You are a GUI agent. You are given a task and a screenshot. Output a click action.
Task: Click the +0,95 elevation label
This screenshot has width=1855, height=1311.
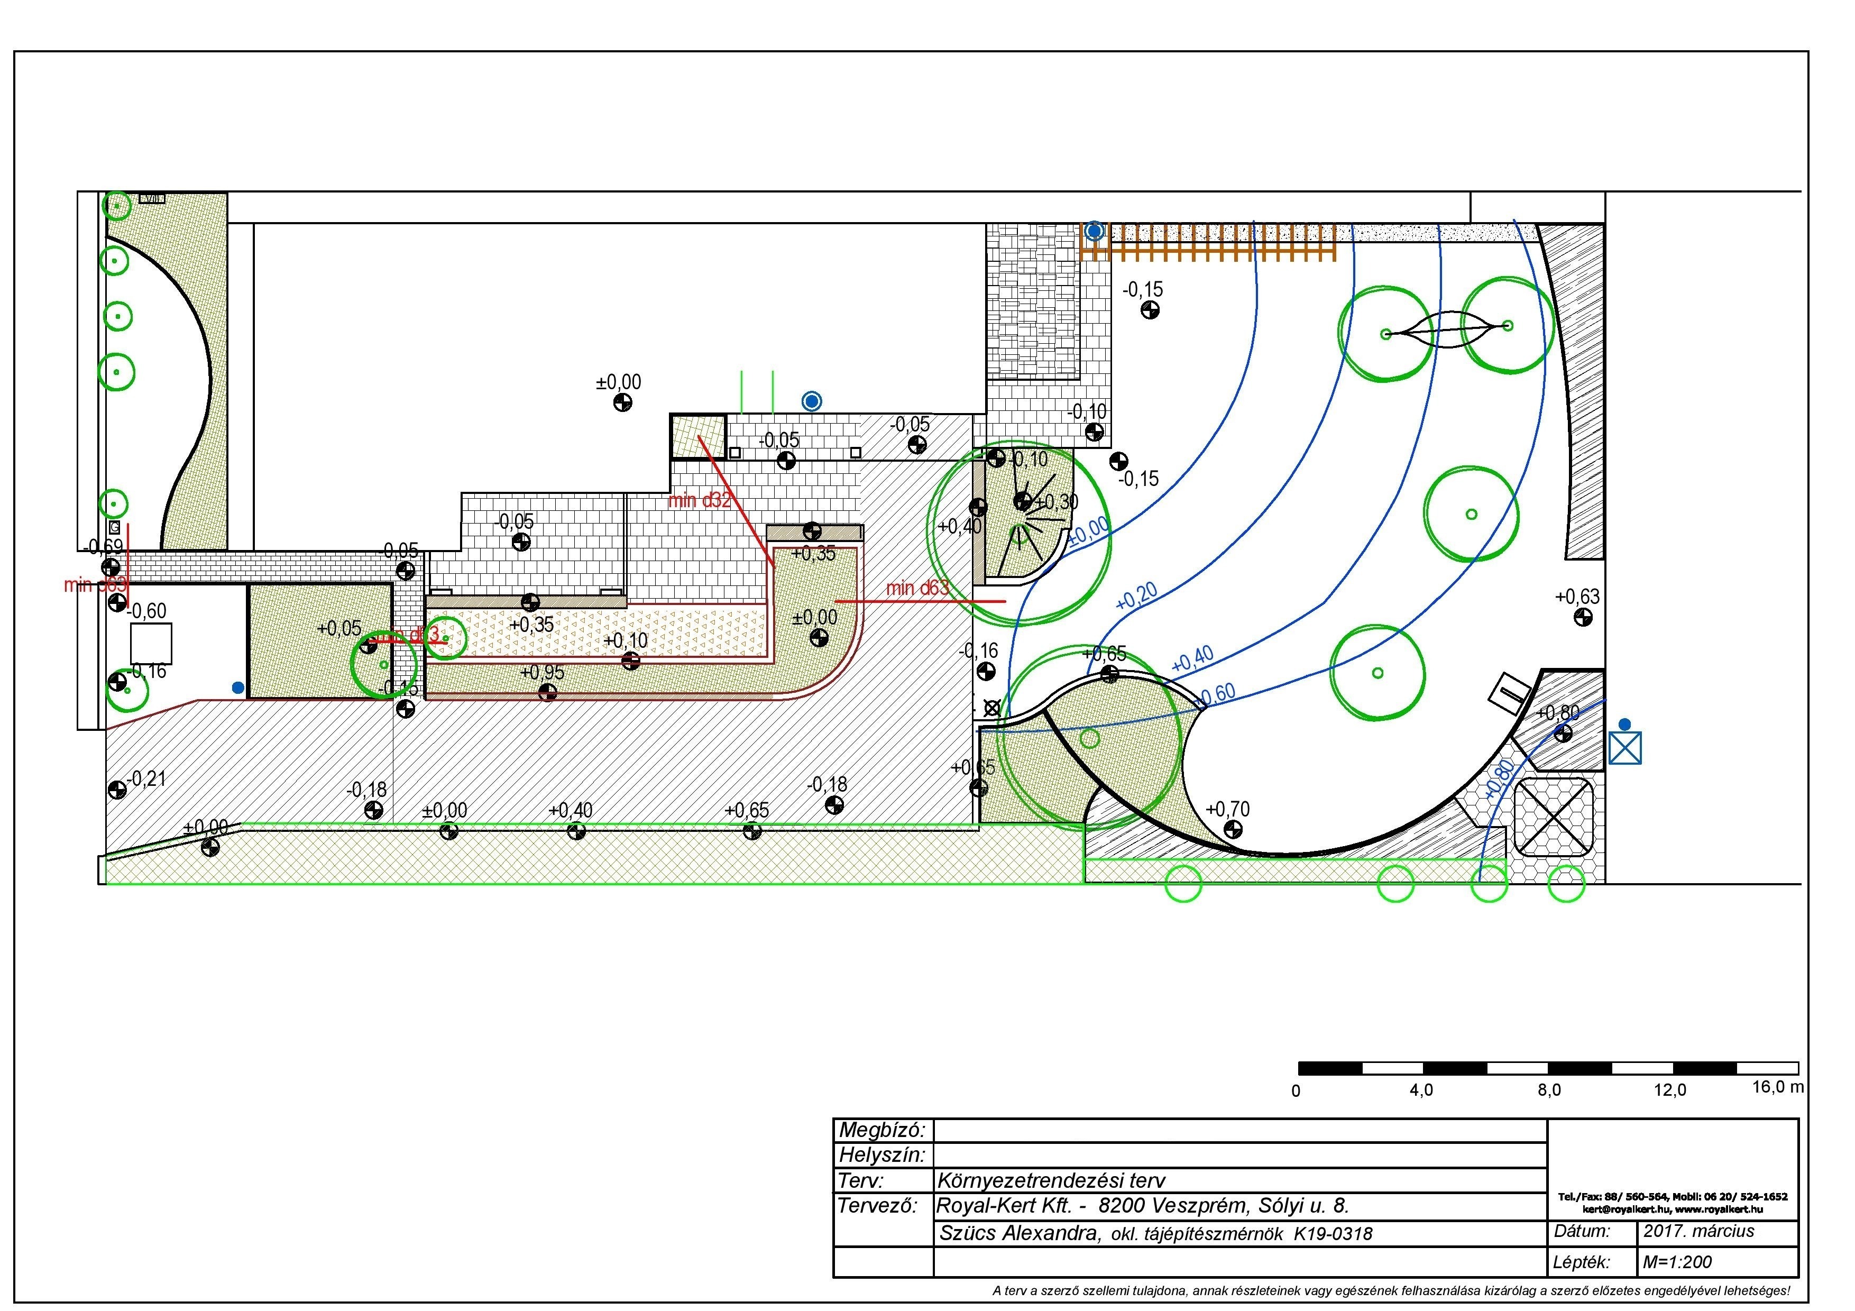coord(542,673)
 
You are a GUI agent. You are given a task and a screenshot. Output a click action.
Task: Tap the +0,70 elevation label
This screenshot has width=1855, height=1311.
coord(1227,809)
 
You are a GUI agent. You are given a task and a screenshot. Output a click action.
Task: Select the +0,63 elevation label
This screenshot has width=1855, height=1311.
coord(1577,597)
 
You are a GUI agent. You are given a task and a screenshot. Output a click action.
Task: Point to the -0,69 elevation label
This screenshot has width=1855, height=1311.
coord(104,547)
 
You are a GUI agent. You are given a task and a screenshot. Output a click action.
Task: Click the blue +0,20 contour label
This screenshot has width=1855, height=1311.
coord(1136,596)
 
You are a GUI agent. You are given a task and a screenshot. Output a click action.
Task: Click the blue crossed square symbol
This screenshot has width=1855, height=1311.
coord(1626,748)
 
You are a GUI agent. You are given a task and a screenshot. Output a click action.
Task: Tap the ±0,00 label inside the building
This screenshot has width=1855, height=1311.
coord(618,382)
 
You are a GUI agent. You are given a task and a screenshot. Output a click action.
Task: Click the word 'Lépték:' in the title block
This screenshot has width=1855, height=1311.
coord(1581,1262)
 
